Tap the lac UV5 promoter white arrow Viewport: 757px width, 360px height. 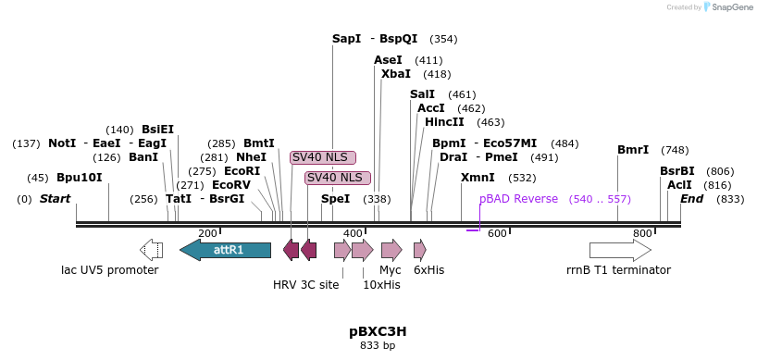[x=151, y=250]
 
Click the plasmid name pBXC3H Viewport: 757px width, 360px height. [x=378, y=330]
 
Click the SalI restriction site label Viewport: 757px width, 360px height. [x=422, y=94]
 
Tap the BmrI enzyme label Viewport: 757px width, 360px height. [x=633, y=150]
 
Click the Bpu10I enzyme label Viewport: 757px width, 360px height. [x=79, y=178]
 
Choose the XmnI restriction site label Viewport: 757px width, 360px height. [x=478, y=178]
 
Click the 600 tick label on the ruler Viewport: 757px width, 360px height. [x=497, y=233]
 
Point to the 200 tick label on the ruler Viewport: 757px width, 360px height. [x=208, y=233]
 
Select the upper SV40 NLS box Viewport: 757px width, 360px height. [x=323, y=157]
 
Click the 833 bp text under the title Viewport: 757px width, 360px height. [x=378, y=346]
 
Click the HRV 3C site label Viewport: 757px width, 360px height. [x=305, y=284]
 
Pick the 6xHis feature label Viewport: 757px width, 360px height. [x=428, y=270]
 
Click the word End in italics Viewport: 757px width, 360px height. [x=691, y=199]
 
